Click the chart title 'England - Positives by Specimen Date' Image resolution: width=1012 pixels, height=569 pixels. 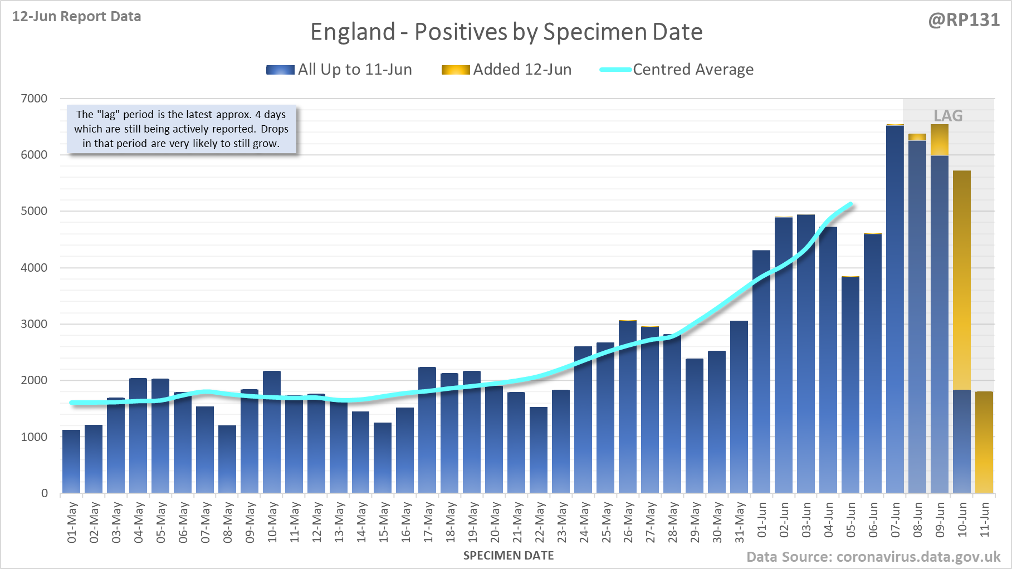pos(506,32)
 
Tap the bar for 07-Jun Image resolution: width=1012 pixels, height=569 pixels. pos(895,312)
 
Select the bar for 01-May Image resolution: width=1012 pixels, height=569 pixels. pos(71,462)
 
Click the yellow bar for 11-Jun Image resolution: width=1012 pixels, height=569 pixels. pos(984,443)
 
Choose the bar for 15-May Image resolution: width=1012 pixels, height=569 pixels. pos(383,458)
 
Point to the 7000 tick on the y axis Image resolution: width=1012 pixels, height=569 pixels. pos(34,99)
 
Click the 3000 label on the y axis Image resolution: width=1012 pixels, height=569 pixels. pos(34,324)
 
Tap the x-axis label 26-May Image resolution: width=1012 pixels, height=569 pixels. pos(628,522)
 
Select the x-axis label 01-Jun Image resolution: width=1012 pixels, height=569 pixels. pos(762,520)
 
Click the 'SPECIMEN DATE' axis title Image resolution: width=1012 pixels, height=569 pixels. pos(509,556)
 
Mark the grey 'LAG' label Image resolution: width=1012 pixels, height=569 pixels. pos(948,116)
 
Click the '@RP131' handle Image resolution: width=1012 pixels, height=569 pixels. pos(964,20)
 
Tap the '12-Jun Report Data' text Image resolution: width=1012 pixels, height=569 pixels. pos(77,17)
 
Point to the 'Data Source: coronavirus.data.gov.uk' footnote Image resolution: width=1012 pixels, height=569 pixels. pos(873,557)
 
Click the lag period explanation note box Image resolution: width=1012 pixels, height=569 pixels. pos(182,129)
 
